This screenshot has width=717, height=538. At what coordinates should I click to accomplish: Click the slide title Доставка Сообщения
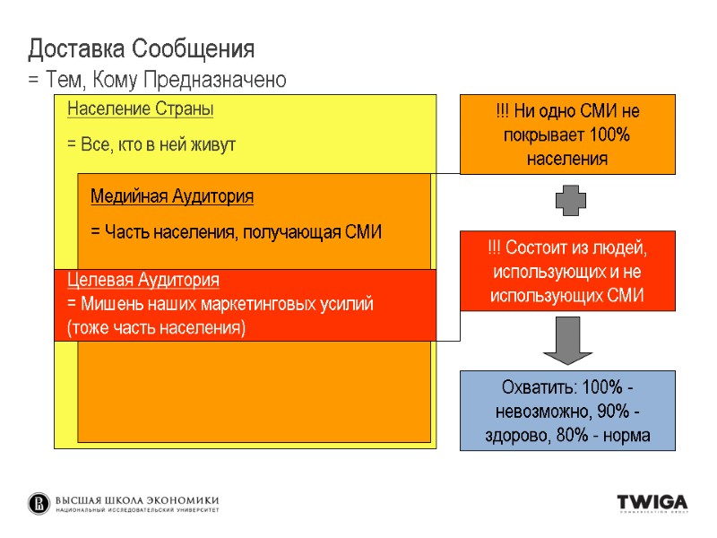(142, 47)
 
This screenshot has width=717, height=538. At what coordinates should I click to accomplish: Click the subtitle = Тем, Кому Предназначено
(158, 81)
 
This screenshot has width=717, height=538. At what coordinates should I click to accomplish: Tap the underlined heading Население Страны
(140, 110)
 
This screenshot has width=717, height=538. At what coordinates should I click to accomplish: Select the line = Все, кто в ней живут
(151, 144)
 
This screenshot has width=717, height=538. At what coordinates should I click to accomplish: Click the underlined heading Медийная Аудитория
(172, 196)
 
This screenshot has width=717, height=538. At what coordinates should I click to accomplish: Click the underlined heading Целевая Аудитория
(143, 280)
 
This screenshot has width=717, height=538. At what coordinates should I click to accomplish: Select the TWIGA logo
(651, 502)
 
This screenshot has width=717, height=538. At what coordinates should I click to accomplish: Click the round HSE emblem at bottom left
(39, 503)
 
